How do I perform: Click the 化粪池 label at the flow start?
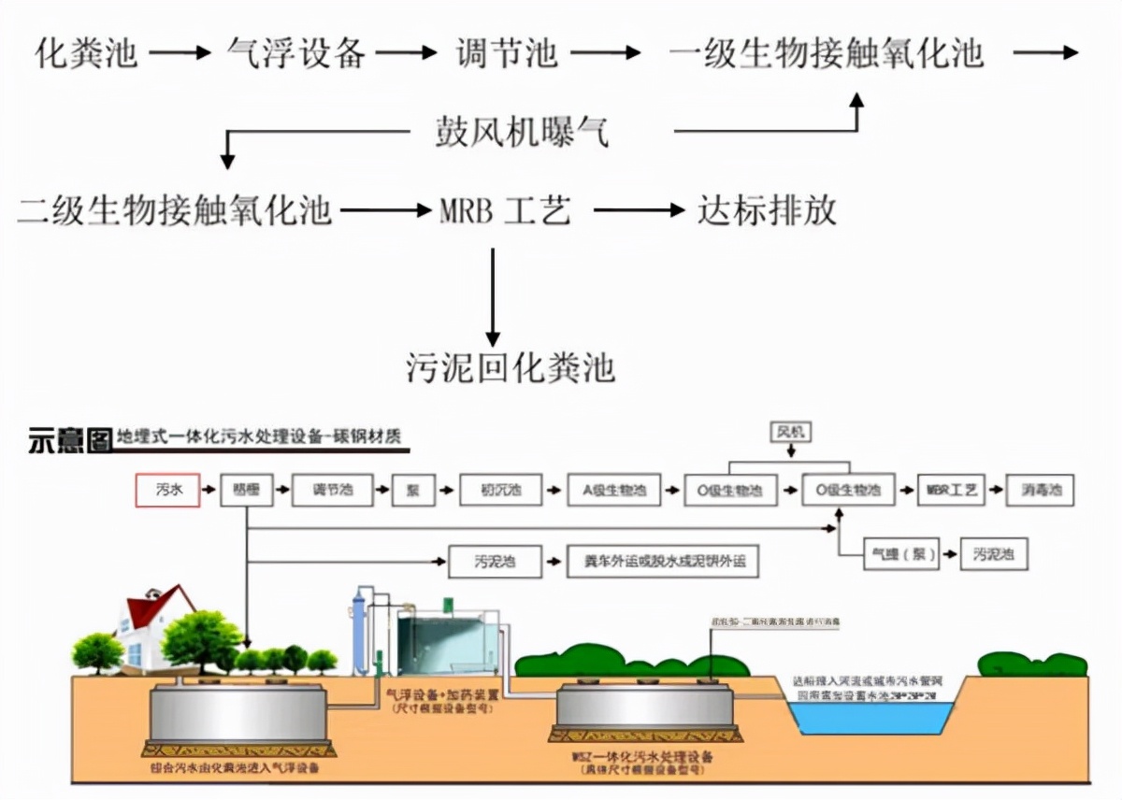tap(86, 52)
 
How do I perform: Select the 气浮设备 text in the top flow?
tap(296, 52)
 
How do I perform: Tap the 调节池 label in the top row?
tap(507, 52)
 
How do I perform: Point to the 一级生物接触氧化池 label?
tap(827, 52)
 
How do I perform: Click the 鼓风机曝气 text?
tap(522, 133)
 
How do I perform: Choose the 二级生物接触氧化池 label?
tap(175, 210)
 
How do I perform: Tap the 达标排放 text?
tap(767, 210)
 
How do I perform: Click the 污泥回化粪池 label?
tap(511, 367)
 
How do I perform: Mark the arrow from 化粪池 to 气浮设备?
tap(180, 53)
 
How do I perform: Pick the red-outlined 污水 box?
tap(167, 490)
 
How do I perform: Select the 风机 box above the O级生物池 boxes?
tap(791, 432)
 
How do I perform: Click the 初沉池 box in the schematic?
tap(501, 490)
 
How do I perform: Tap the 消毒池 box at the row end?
tap(1040, 490)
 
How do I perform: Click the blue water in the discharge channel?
tap(870, 716)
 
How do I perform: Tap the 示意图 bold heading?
tap(70, 439)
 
